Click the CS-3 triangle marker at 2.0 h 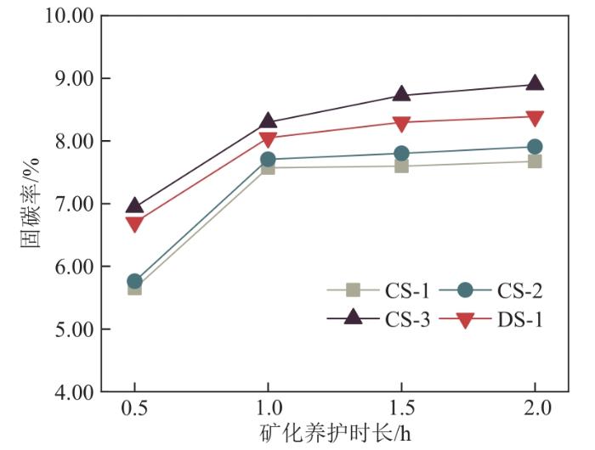(x=535, y=83)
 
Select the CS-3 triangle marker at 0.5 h (x=134, y=205)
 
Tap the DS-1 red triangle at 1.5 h (x=401, y=123)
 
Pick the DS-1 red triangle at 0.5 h (x=134, y=224)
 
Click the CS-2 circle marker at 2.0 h (x=535, y=147)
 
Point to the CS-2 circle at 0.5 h (x=134, y=281)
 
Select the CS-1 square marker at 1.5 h (x=401, y=166)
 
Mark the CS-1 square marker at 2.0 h (x=535, y=161)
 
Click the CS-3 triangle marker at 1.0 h (x=268, y=121)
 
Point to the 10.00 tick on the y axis (x=65, y=16)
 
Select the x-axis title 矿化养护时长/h (x=334, y=434)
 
